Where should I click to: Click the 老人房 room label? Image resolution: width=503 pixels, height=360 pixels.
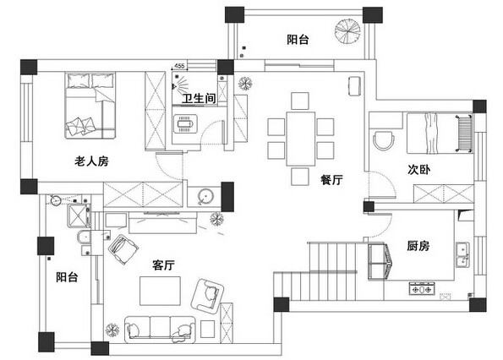[91, 161]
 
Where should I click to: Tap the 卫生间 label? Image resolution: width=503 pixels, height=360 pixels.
[199, 98]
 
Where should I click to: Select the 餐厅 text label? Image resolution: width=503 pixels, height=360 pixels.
[331, 180]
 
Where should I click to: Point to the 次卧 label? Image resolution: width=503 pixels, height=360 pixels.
[418, 170]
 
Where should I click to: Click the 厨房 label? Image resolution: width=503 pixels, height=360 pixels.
[418, 246]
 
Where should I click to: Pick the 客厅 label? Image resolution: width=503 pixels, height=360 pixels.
[163, 265]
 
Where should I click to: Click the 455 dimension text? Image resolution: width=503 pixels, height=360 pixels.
[179, 66]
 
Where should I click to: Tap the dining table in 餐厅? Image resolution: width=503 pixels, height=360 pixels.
[301, 139]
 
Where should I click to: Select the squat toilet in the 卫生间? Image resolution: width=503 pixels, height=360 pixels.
[185, 123]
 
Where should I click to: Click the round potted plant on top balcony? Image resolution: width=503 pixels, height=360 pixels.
[347, 31]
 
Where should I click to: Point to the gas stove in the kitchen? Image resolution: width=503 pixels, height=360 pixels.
[422, 288]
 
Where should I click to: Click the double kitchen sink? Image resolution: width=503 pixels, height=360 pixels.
[462, 255]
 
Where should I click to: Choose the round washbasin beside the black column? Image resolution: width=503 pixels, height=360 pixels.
[205, 196]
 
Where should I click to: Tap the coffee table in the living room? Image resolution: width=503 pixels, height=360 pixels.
[160, 291]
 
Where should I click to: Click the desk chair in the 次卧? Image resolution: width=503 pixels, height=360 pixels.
[384, 139]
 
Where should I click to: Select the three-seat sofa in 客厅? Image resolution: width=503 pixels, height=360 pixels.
[160, 330]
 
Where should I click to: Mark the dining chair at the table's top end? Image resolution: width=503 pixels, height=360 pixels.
[300, 101]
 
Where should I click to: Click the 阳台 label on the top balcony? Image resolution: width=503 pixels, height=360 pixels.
[298, 40]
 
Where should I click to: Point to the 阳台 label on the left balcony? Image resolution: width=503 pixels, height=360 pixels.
[67, 277]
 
